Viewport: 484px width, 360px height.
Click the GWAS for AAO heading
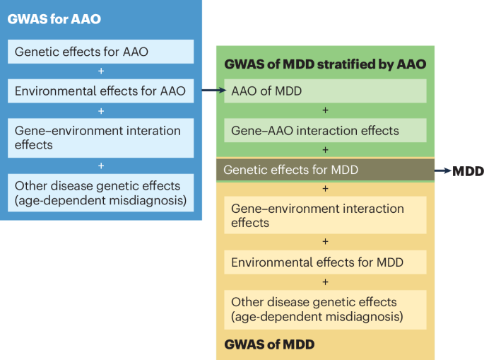54,19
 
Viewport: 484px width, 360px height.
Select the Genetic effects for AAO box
100,52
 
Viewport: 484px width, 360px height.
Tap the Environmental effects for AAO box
100,91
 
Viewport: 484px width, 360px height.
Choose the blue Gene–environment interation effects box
100,137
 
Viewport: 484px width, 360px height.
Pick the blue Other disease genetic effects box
100,192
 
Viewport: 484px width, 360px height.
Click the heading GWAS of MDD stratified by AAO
325,64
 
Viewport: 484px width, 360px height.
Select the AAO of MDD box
325,91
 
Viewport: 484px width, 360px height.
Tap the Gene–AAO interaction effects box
325,130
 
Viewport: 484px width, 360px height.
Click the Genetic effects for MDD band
325,170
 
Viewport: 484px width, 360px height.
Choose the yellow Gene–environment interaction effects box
325,216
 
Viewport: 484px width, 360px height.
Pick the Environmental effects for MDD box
325,262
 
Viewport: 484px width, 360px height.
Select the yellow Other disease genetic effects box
325,309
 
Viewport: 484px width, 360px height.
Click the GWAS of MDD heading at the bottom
269,344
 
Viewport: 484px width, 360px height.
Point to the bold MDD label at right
467,171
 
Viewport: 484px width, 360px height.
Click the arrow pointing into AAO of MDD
213,91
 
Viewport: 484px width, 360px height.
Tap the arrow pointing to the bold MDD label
443,171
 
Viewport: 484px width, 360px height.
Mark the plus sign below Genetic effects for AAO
100,71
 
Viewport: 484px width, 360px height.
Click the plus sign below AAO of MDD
325,110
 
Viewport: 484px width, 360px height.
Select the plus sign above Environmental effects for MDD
325,242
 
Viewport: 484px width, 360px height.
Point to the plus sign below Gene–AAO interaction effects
325,150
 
